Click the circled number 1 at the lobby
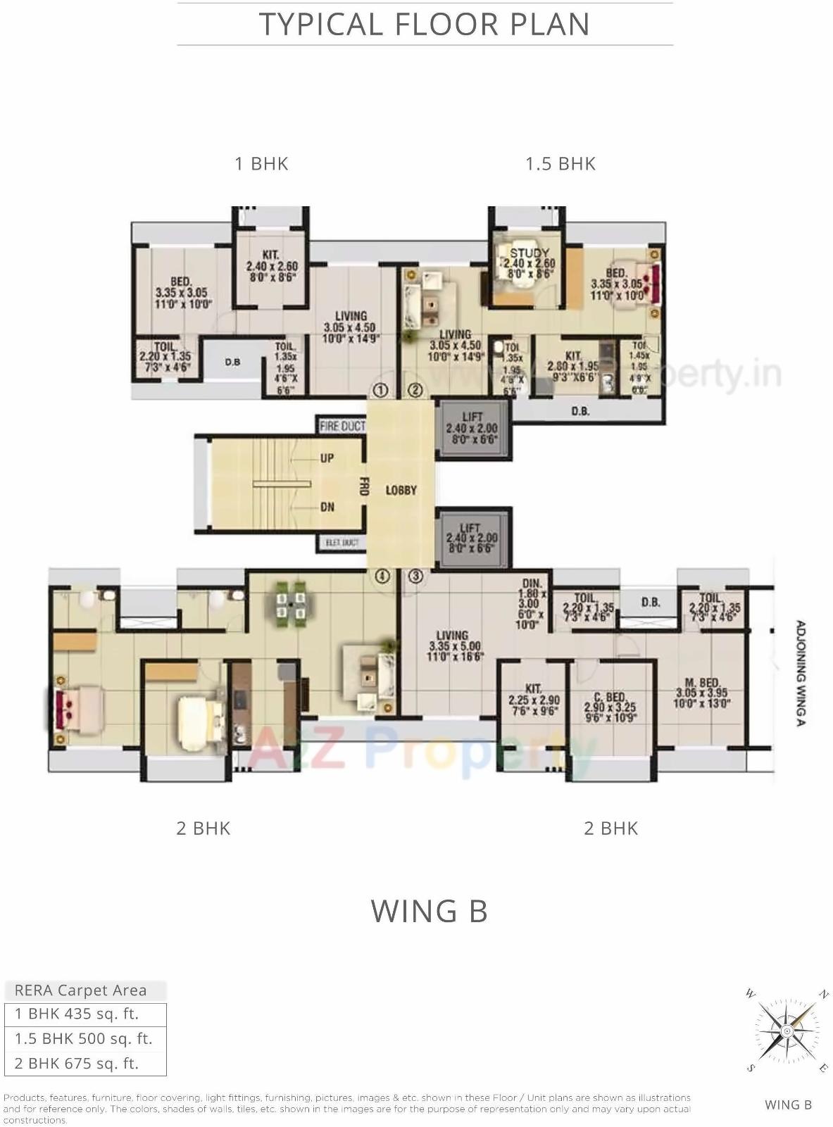pos(381,389)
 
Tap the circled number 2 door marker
pos(415,389)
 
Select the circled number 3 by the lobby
pos(416,576)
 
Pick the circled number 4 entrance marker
pos(382,576)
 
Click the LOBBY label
pos(401,490)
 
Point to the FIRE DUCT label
pos(342,426)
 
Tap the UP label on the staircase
pos(327,458)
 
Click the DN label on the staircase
pos(327,507)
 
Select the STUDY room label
pos(529,253)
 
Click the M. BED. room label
pos(701,683)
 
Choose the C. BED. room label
pos(610,697)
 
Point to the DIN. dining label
pos(532,584)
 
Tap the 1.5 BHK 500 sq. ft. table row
pos(84,1038)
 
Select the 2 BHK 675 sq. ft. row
pos(77,1063)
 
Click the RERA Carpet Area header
pos(81,990)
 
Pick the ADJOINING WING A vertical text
pos(801,672)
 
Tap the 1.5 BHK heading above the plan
pos(560,164)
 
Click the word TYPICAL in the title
pos(321,25)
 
